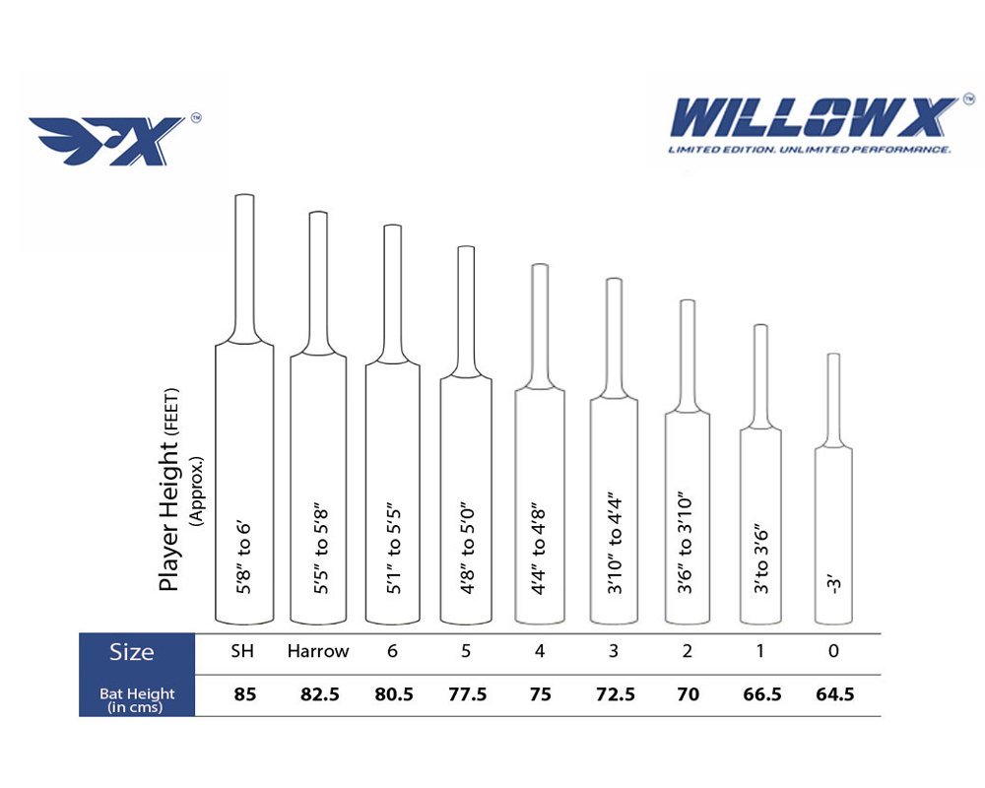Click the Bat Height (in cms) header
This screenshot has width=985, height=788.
[x=137, y=699]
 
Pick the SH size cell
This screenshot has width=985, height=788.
[x=242, y=651]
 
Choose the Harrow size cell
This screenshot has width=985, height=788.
[x=318, y=651]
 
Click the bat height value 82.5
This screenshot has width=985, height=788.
[x=320, y=694]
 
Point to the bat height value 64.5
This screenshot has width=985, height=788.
[x=835, y=694]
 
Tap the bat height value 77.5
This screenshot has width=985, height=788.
[x=467, y=694]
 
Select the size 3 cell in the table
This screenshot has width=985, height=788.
[x=614, y=651]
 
